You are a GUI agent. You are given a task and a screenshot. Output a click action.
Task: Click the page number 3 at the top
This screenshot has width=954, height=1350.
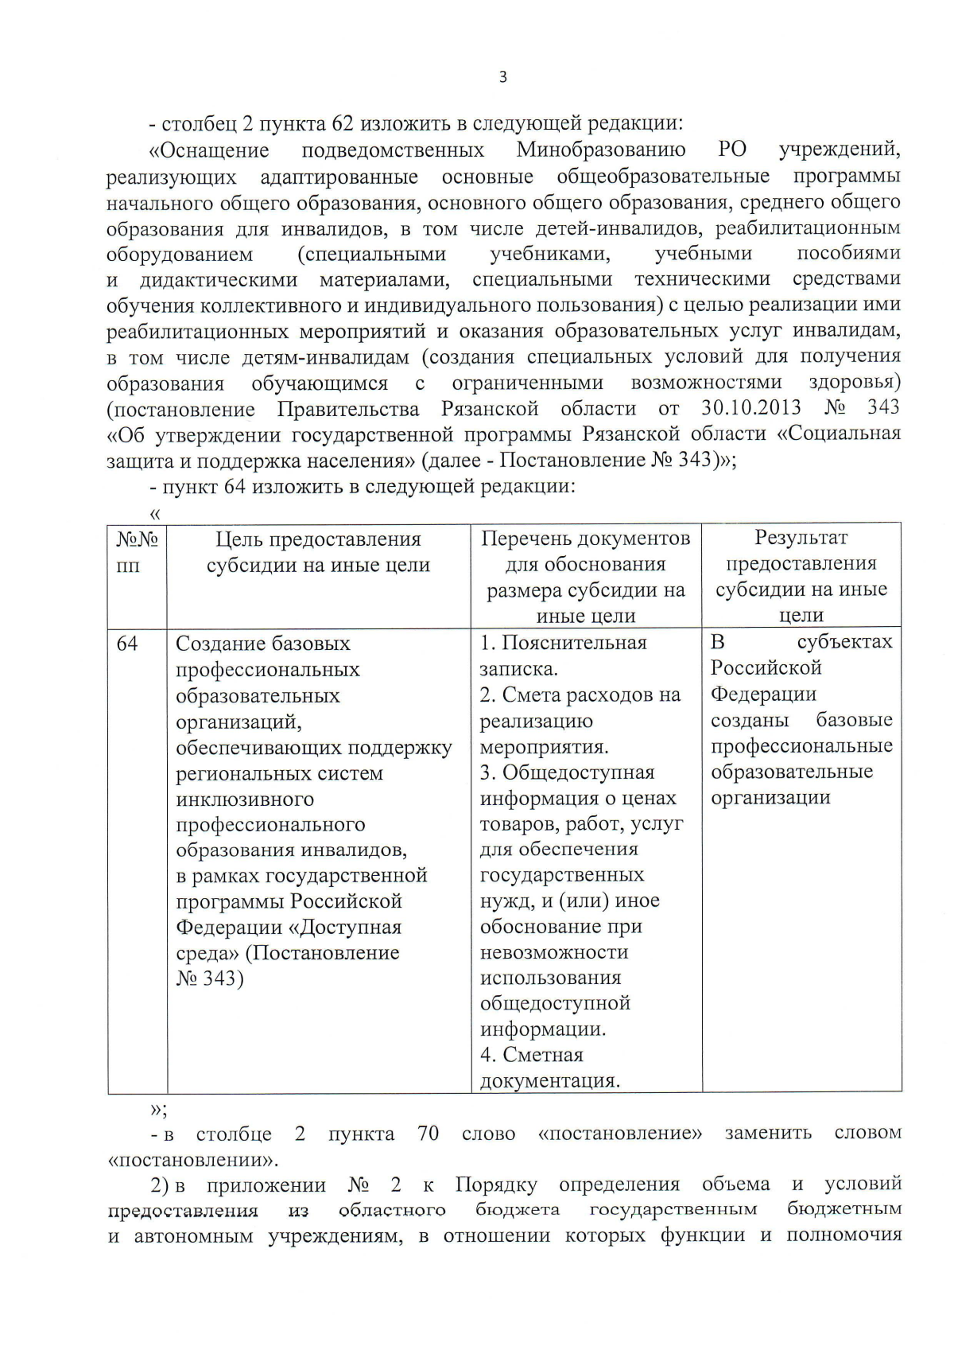(x=502, y=77)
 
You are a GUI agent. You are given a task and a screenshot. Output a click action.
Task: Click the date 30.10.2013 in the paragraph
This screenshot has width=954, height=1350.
(x=751, y=408)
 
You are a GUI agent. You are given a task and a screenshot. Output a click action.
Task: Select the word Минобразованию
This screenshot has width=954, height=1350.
(x=601, y=150)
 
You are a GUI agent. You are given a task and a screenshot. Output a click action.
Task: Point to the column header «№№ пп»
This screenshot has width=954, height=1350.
(x=137, y=552)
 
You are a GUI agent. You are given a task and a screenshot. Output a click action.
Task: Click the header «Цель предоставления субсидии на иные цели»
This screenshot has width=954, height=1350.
(x=318, y=552)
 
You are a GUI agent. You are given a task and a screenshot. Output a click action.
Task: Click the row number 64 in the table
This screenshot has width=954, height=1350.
(x=127, y=644)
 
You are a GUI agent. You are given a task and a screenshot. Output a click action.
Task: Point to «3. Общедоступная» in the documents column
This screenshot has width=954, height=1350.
(x=567, y=772)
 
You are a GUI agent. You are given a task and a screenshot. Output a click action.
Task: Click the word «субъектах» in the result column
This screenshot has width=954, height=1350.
(x=844, y=642)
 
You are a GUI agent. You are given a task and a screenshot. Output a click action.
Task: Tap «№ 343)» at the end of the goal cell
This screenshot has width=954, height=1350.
(x=210, y=978)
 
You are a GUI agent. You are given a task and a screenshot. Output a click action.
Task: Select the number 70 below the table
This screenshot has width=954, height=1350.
(x=428, y=1133)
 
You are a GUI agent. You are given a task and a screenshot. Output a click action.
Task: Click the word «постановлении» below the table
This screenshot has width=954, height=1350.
(x=191, y=1159)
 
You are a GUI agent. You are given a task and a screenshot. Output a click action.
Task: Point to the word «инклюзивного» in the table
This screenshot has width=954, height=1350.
(x=245, y=799)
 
